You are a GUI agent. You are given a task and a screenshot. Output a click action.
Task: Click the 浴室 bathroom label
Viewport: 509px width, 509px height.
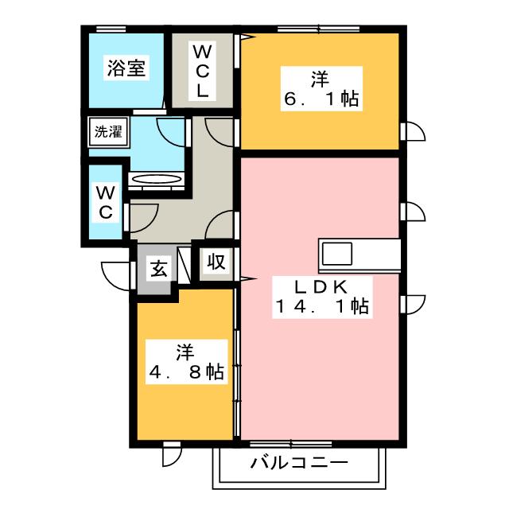(x=126, y=68)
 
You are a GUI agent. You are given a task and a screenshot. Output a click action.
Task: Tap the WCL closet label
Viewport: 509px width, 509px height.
(x=203, y=71)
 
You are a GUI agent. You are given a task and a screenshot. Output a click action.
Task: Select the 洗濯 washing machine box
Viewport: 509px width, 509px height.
(x=108, y=132)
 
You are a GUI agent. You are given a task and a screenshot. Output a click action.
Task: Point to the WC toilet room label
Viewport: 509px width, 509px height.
(x=106, y=202)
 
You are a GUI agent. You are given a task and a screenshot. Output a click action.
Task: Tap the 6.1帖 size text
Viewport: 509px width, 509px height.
(x=320, y=99)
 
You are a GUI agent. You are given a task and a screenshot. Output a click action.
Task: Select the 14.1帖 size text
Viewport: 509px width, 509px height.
(x=321, y=305)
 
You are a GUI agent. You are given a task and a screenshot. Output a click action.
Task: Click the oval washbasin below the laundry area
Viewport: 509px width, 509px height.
(x=157, y=180)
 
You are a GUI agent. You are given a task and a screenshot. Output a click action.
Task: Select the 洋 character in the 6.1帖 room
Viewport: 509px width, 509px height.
(x=320, y=78)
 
